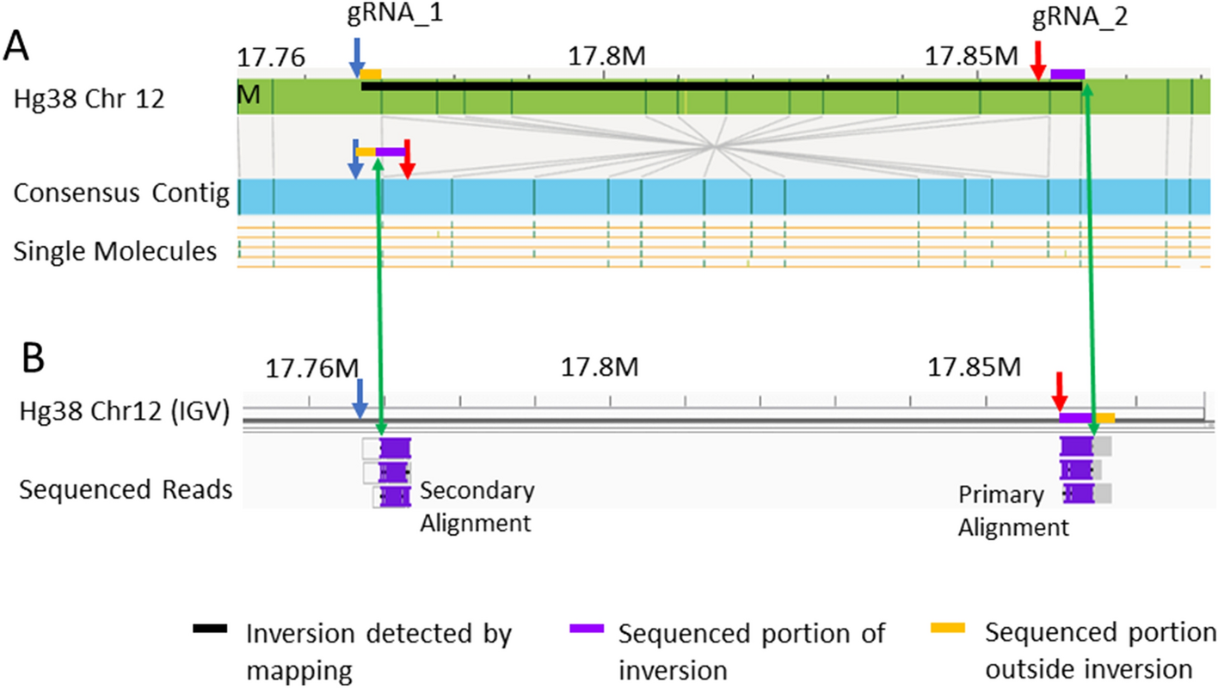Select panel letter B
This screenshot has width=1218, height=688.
coord(33,359)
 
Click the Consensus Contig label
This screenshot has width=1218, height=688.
coord(121,194)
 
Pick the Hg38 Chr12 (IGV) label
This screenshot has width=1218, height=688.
coord(124,415)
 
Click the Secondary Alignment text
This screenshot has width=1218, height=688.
coord(477,507)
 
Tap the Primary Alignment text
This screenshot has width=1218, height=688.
coord(1013,511)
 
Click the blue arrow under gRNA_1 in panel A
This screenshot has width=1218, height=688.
coord(357,61)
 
